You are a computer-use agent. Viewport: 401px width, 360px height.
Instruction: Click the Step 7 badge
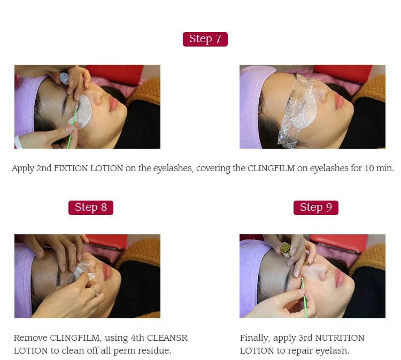tap(205, 39)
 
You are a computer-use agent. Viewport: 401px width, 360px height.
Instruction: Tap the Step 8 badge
tap(91, 208)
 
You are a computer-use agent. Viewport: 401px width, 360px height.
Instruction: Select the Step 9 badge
tap(316, 208)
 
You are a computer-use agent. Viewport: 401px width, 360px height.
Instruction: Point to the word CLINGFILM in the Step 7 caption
tap(271, 168)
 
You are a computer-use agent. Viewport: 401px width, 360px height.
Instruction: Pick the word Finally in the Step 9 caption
tap(255, 338)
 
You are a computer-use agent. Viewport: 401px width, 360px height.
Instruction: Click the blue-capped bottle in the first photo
tap(64, 78)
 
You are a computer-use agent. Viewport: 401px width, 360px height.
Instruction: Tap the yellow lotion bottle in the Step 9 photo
tap(285, 249)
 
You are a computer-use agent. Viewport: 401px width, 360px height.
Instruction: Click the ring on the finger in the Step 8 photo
tap(95, 292)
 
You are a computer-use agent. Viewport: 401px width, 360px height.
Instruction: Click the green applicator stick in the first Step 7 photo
tap(72, 127)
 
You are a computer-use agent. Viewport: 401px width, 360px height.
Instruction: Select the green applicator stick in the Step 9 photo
tap(304, 297)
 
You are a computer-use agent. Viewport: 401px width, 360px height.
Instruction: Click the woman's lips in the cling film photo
tap(339, 101)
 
